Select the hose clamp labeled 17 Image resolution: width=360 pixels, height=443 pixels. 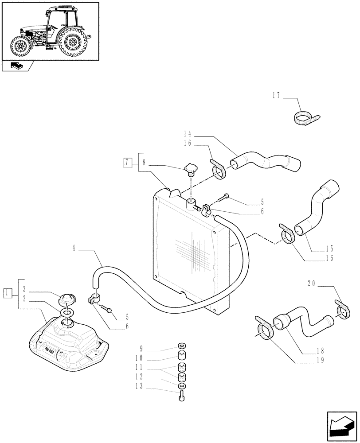304,117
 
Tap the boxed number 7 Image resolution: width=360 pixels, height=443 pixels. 128,162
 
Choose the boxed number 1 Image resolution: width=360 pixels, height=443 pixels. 7,292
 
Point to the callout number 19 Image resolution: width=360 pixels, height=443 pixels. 320,360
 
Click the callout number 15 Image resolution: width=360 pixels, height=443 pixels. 329,249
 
